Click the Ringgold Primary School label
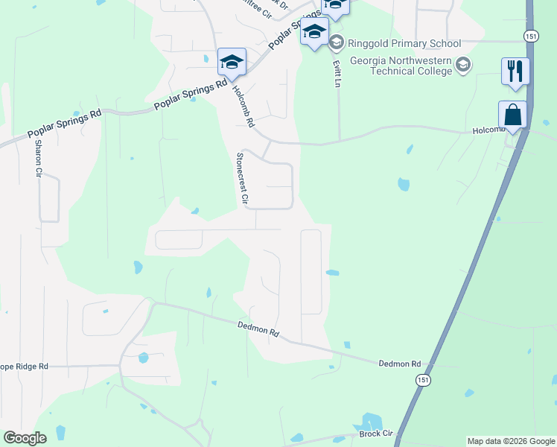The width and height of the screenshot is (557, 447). [403, 43]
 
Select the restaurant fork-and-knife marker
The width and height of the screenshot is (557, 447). [515, 72]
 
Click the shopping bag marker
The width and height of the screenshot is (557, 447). [512, 115]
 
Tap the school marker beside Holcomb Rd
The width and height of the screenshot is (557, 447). [232, 63]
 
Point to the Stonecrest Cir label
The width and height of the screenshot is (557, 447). [241, 179]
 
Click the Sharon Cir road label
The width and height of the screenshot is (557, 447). [38, 158]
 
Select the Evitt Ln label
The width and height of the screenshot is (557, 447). [335, 72]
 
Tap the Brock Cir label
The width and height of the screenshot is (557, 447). [375, 434]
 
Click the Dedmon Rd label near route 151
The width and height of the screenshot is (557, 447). [400, 364]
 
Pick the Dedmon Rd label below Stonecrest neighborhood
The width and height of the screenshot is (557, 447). [258, 328]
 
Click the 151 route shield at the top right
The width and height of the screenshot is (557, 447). [530, 36]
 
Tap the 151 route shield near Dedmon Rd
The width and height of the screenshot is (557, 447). [423, 380]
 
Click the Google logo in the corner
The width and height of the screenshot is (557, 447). [25, 438]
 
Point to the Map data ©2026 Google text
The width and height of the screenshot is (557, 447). [511, 441]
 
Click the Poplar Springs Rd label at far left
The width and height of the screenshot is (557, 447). [64, 124]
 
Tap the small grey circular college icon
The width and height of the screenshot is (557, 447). [463, 65]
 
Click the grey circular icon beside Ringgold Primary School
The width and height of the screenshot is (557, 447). [336, 42]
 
